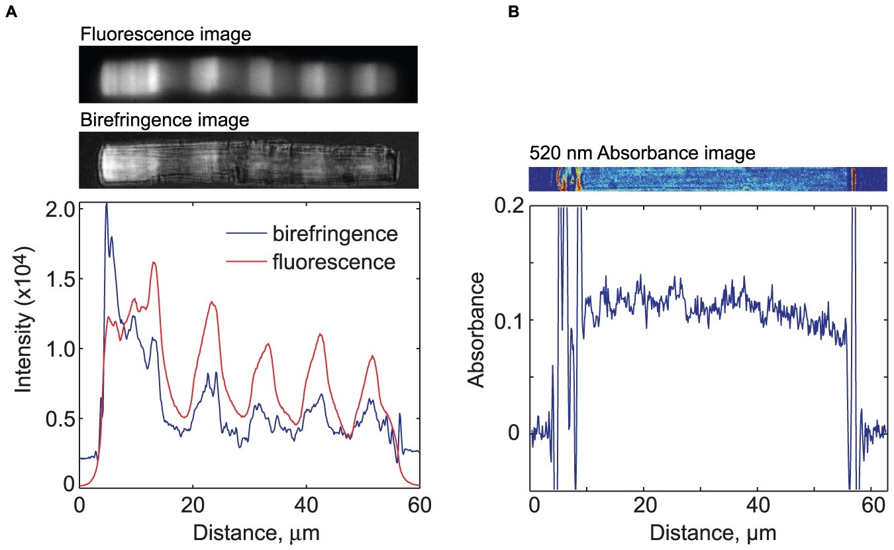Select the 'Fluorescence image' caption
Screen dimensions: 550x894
tap(166, 34)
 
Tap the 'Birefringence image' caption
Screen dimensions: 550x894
tap(164, 121)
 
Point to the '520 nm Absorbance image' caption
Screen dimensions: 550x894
tap(642, 154)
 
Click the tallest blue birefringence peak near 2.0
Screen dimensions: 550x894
tap(107, 205)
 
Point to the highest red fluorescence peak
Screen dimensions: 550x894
tap(154, 262)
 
